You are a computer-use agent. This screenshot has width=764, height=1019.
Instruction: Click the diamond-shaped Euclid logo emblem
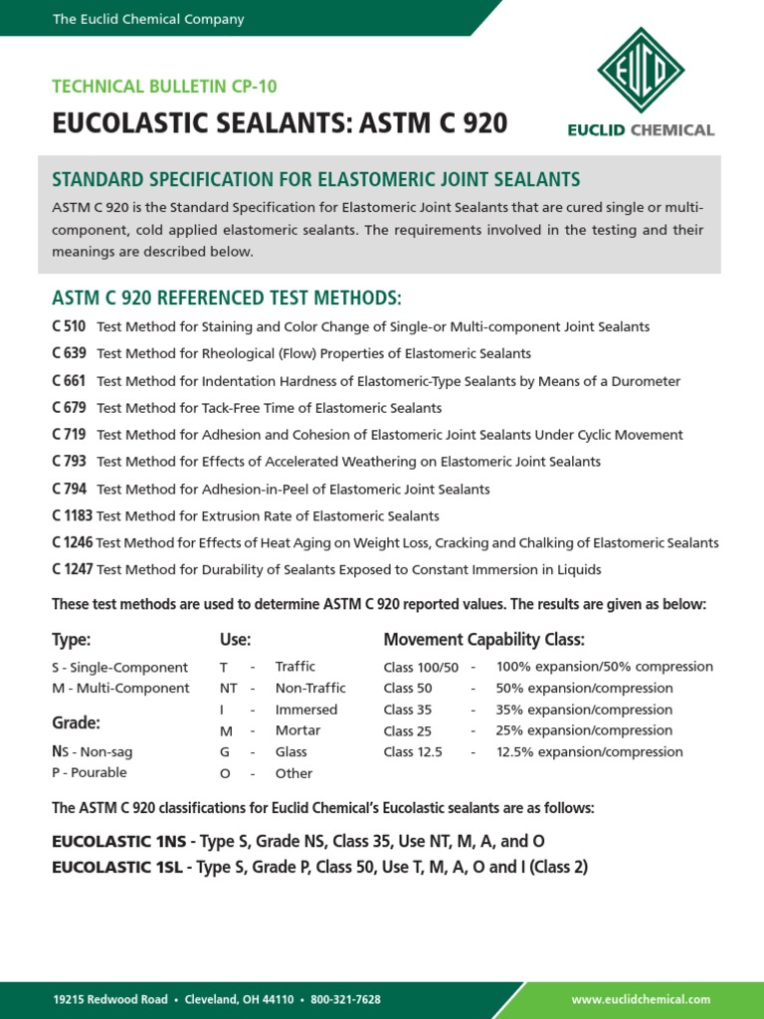pos(640,71)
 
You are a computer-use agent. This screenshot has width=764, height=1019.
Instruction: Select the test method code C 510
pos(69,326)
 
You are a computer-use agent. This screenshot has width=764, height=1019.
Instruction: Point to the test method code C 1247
pos(73,570)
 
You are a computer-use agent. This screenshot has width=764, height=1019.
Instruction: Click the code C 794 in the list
pos(69,489)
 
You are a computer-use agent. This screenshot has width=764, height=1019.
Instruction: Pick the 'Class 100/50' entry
pos(421,668)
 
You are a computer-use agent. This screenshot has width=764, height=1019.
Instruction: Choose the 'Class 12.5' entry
pos(413,752)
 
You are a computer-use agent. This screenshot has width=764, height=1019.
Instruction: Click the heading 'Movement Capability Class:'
pos(483,639)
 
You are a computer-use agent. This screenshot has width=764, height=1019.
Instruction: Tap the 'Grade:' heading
pos(76,722)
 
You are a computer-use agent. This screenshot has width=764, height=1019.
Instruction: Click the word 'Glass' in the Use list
pos(291,752)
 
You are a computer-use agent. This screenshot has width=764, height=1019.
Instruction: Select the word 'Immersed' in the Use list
pos(306,710)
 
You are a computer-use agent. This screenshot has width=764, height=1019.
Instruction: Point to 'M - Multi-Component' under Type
pos(120,689)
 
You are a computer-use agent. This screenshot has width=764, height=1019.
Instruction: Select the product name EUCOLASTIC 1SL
pos(117,867)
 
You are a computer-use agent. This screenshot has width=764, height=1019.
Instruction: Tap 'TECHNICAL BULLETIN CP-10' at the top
pos(164,88)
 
